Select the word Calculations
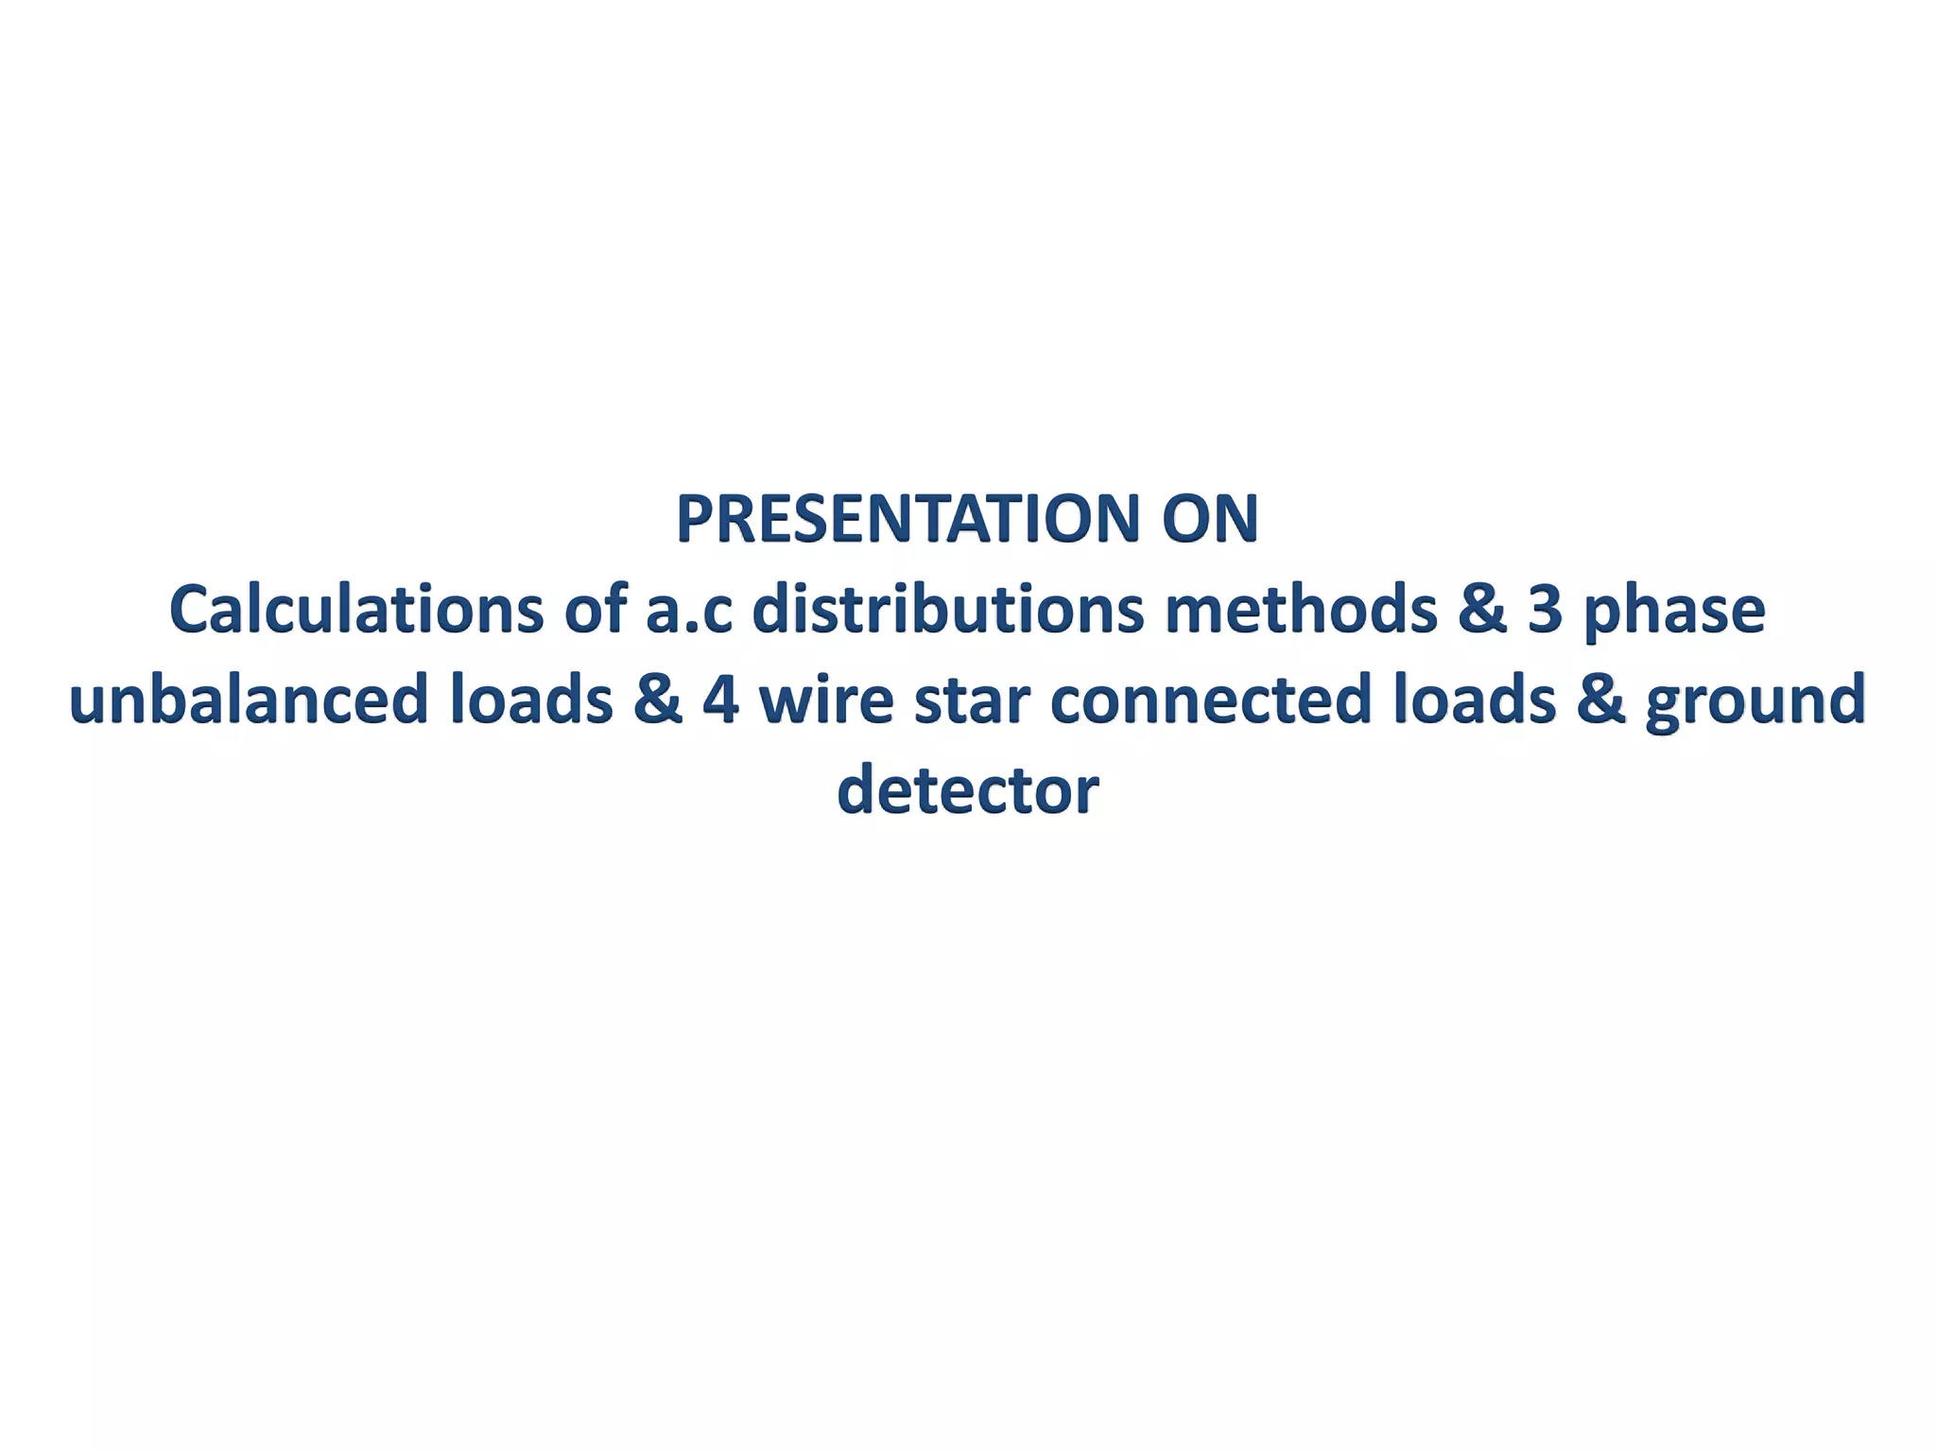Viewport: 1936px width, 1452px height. click(355, 610)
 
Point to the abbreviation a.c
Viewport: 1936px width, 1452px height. click(688, 610)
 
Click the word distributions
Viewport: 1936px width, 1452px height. click(947, 610)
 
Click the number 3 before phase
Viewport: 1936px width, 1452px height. click(1545, 610)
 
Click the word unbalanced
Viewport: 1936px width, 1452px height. click(249, 700)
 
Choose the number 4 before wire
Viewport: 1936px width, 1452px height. click(721, 700)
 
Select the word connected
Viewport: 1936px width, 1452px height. click(1211, 700)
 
